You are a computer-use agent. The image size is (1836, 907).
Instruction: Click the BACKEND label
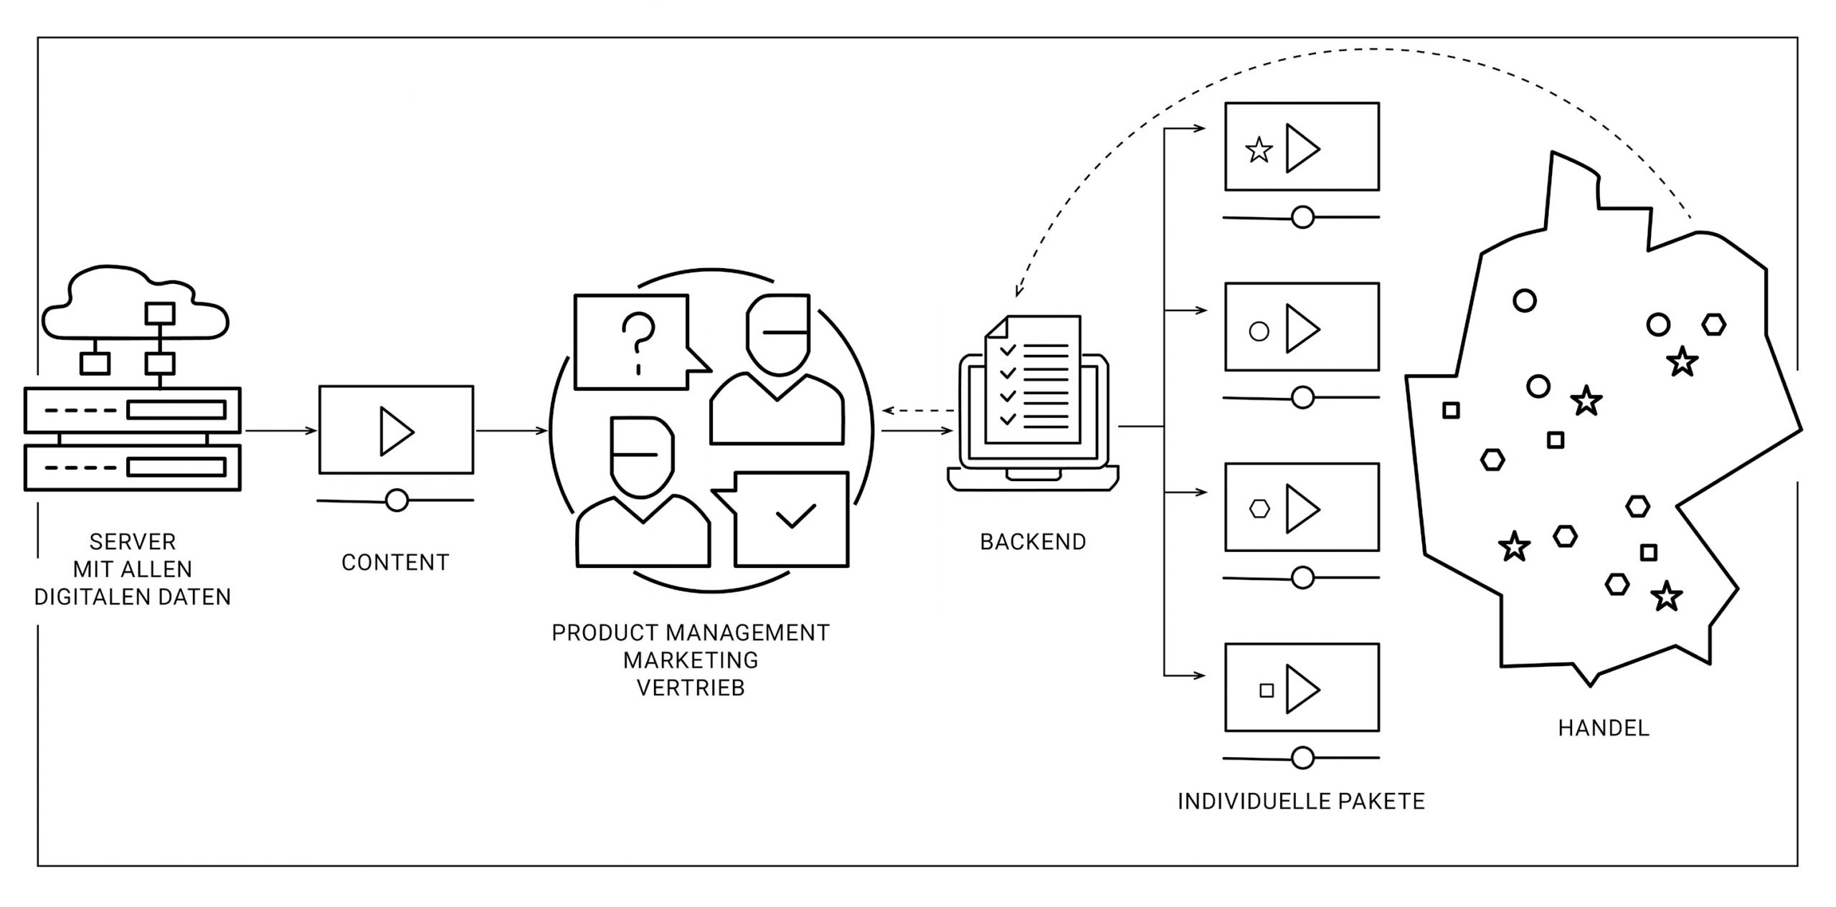(x=1033, y=542)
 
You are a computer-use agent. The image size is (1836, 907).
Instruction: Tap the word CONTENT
(x=395, y=563)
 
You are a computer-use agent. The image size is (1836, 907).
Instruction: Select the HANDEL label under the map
(x=1604, y=728)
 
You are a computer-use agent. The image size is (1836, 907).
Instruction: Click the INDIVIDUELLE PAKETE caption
(x=1301, y=801)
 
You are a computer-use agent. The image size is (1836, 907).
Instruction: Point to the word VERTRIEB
(x=691, y=688)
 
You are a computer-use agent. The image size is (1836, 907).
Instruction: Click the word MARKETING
(x=691, y=660)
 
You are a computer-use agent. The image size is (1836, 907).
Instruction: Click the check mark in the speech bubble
(x=795, y=516)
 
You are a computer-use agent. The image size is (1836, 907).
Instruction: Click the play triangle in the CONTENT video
(x=395, y=432)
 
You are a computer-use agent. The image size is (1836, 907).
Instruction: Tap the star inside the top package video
(x=1259, y=151)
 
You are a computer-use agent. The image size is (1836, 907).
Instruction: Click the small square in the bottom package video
(x=1267, y=690)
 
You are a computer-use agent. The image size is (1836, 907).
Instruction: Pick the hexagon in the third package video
(x=1259, y=509)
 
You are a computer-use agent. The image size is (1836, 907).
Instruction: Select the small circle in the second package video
(x=1259, y=331)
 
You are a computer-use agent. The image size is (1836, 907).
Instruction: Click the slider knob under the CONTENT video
(x=397, y=500)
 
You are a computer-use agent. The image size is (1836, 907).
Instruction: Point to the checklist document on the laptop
(x=1033, y=380)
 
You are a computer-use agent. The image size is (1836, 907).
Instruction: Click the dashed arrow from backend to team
(x=917, y=411)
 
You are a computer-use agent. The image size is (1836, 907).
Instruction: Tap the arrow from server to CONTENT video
(x=280, y=431)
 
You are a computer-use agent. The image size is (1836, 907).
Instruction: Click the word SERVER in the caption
(x=133, y=542)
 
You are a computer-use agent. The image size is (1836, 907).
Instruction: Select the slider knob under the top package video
(x=1302, y=217)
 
